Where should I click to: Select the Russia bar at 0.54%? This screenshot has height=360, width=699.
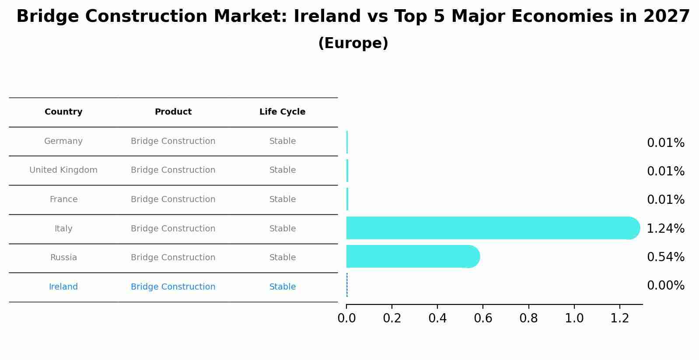(411, 256)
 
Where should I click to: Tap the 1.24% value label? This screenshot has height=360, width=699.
(665, 228)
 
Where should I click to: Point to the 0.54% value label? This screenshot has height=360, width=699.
(665, 257)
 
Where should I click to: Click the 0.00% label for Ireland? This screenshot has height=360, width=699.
(665, 286)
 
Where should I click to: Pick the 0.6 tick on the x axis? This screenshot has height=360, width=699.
(483, 318)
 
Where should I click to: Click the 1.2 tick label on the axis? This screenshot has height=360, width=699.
(619, 318)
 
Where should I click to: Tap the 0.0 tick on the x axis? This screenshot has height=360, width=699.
(346, 318)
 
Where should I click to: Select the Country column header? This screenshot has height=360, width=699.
(63, 112)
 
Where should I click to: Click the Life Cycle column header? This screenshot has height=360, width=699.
(282, 112)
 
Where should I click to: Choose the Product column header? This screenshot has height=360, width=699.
(173, 112)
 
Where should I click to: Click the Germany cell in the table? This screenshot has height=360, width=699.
(63, 141)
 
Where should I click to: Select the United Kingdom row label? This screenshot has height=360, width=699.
(63, 170)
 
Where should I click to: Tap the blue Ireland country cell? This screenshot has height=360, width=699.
(63, 287)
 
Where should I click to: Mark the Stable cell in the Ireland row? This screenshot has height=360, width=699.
(282, 287)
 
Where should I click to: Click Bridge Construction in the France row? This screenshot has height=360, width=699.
(173, 199)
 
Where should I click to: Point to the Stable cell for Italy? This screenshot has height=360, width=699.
(282, 229)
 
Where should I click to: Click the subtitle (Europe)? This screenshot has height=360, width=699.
(353, 43)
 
